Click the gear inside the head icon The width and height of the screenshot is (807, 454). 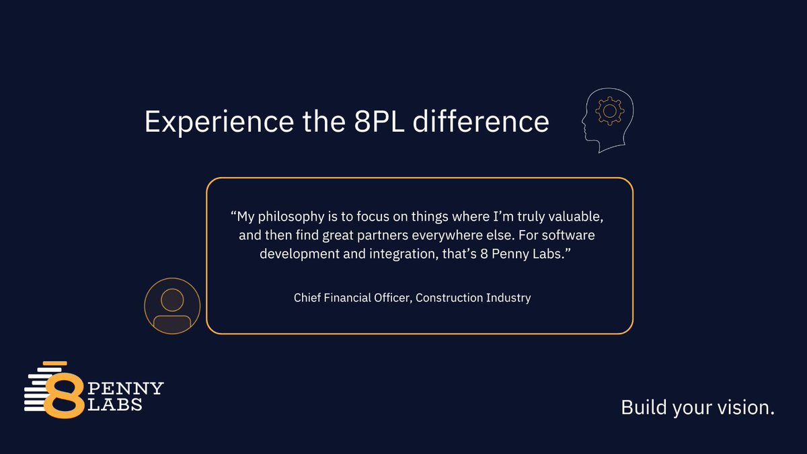click(x=610, y=110)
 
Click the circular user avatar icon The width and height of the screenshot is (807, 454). click(x=172, y=307)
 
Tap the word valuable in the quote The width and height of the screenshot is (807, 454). click(x=584, y=218)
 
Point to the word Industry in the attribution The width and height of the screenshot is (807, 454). click(x=508, y=297)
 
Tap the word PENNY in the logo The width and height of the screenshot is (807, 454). click(x=126, y=389)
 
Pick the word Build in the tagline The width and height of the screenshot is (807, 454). click(x=642, y=407)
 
